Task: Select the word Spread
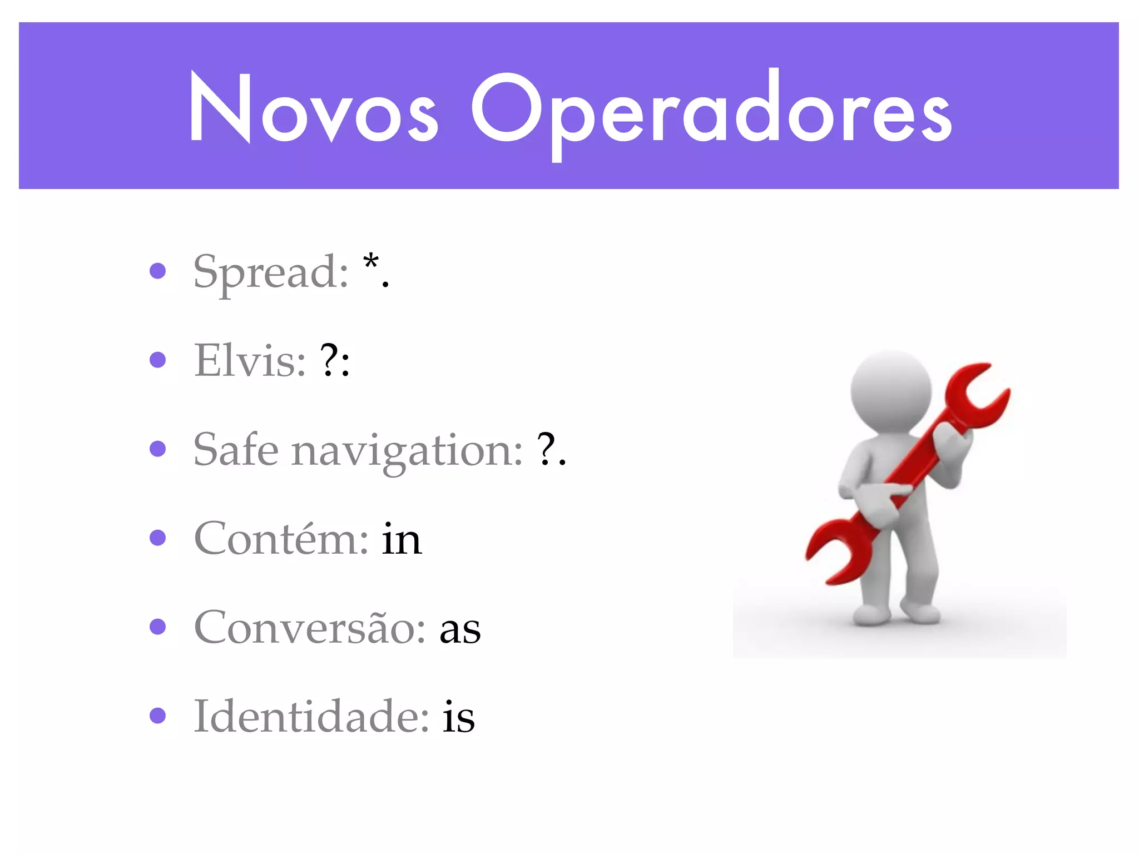pos(270,272)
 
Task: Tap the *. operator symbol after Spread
pos(376,270)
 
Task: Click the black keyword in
pos(402,539)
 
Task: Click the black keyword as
pos(460,630)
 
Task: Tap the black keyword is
pos(459,717)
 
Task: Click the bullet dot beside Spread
pos(158,271)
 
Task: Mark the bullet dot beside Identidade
pos(158,716)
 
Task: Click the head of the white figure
pos(891,390)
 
